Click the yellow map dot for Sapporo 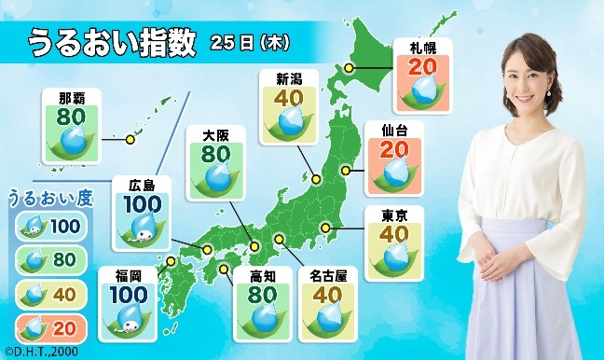[x=350, y=67]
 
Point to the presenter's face [x=528, y=78]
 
